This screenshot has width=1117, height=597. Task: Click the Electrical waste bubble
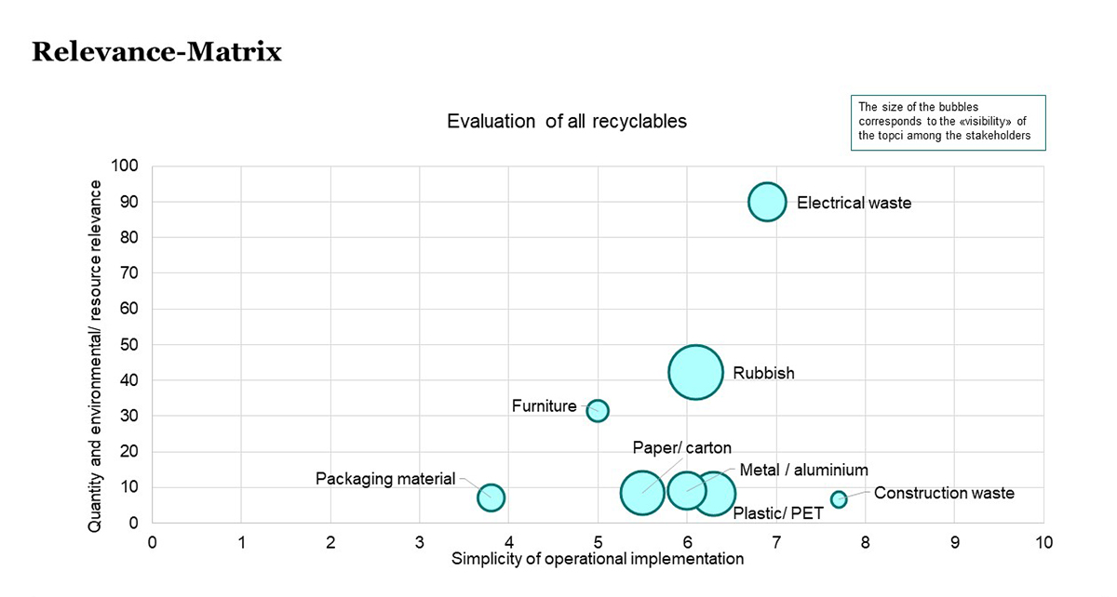click(x=767, y=202)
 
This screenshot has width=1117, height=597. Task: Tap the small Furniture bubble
click(x=598, y=410)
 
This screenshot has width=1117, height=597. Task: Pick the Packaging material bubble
click(x=491, y=497)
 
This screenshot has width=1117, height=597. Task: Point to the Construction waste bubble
click(x=839, y=499)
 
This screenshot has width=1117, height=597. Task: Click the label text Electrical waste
click(x=854, y=203)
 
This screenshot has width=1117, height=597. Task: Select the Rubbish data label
click(x=763, y=374)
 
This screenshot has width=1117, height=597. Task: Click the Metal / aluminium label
click(x=803, y=471)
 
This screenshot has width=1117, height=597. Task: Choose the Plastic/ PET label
click(x=778, y=513)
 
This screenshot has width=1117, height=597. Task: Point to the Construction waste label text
click(x=943, y=493)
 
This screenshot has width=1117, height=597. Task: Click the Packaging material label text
click(x=385, y=479)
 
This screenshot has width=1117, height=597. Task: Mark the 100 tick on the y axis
click(x=125, y=166)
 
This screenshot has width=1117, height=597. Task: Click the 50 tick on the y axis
click(x=128, y=345)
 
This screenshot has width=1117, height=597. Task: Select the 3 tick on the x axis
click(x=420, y=542)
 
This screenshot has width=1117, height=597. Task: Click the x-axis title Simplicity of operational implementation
click(x=598, y=559)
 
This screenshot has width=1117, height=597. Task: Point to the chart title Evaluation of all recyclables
click(x=566, y=122)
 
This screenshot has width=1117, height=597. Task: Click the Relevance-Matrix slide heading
click(x=156, y=52)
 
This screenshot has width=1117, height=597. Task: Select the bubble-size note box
click(x=949, y=122)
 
